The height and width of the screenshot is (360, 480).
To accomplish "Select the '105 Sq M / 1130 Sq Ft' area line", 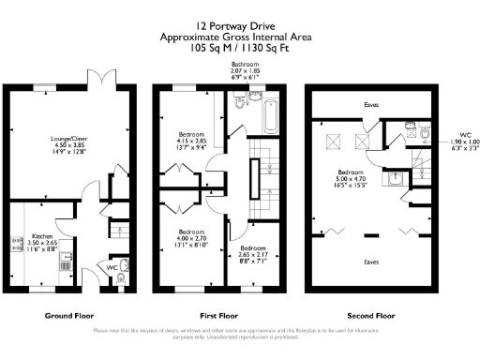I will (x=239, y=45).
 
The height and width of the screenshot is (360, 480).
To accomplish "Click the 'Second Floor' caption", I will (x=372, y=316).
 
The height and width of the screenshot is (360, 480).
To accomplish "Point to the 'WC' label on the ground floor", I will (x=112, y=266).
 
